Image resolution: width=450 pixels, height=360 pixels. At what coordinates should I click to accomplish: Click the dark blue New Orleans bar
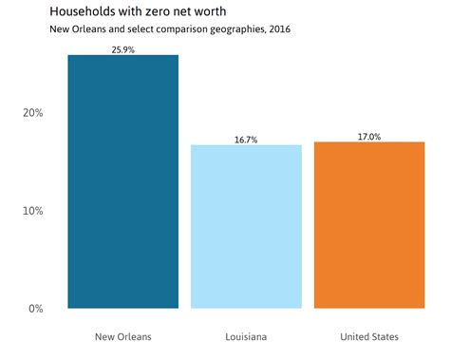coord(122,181)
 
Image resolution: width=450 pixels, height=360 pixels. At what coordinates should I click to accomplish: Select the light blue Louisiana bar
coord(246,226)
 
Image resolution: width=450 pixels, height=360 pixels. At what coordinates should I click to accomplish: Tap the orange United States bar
coord(368,225)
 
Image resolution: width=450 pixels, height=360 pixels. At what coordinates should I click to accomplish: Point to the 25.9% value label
coord(122,48)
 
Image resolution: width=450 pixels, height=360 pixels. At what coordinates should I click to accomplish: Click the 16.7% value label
coord(246,140)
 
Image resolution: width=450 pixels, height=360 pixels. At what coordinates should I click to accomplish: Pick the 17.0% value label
coord(368,137)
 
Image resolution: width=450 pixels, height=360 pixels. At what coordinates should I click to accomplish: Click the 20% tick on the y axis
coord(32,113)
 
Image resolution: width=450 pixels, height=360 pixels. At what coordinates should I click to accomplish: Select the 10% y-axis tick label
coord(32,211)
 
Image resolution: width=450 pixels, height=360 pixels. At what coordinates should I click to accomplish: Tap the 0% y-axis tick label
coord(35,309)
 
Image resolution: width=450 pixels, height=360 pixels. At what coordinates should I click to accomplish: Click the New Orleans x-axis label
coord(122,337)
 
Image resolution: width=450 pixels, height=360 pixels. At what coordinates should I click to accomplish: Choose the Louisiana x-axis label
coord(246,337)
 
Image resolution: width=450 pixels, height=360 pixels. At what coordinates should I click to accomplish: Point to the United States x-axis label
coord(368,337)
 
